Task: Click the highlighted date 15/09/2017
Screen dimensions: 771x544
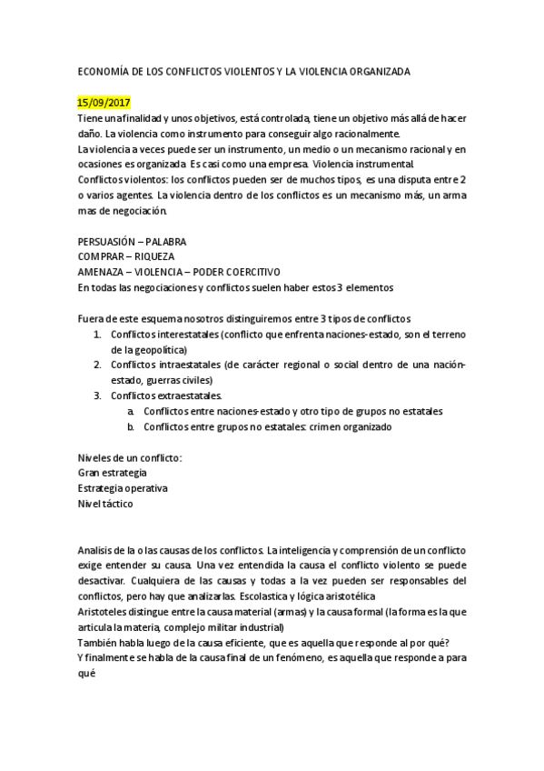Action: [104, 103]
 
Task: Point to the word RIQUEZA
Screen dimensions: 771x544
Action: [152, 257]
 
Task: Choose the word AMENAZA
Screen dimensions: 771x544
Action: [102, 272]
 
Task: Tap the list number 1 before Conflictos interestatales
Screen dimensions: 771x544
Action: [97, 335]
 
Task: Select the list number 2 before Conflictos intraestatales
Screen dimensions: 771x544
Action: [97, 365]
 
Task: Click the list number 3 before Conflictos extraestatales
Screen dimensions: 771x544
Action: [97, 396]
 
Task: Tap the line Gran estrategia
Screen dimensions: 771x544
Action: [113, 473]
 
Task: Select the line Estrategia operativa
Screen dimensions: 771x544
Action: [123, 488]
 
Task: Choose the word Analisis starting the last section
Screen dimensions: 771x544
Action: [97, 551]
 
